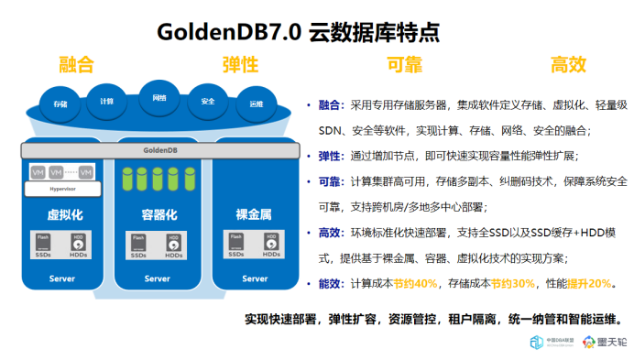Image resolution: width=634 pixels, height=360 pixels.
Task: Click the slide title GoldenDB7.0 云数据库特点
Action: pyautogui.click(x=299, y=32)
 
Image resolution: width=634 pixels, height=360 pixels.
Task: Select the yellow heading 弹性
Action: pyautogui.click(x=240, y=65)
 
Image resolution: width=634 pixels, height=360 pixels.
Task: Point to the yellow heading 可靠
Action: pyautogui.click(x=404, y=65)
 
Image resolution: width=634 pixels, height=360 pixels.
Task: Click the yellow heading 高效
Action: pyautogui.click(x=568, y=65)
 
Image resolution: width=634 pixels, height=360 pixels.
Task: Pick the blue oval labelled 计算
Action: pyautogui.click(x=106, y=101)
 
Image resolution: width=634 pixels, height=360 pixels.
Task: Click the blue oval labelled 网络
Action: pyautogui.click(x=159, y=96)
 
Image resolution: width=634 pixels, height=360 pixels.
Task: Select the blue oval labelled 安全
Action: pyautogui.click(x=208, y=101)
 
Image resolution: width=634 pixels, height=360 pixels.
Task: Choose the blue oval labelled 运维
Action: pyautogui.click(x=256, y=104)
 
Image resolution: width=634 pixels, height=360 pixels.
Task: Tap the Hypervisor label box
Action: pyautogui.click(x=62, y=188)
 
